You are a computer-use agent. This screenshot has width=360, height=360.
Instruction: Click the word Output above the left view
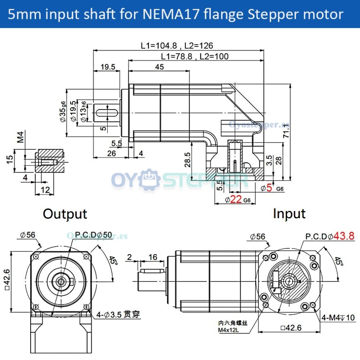[x=65, y=214]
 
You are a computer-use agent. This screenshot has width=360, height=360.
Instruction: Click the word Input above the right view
[x=289, y=214]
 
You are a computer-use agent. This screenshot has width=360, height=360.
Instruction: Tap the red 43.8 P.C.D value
[x=344, y=236]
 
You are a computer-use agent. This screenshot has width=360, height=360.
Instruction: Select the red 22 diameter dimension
[x=236, y=199]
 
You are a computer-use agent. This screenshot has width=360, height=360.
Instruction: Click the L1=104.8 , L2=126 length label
[x=177, y=45]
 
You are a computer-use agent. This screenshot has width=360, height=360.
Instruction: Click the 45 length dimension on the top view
[x=159, y=67]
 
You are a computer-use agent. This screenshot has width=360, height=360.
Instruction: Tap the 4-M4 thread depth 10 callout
[x=338, y=317]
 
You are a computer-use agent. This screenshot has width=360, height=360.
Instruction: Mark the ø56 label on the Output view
[x=28, y=235]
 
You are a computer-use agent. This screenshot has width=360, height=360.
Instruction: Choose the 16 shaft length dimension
[x=153, y=257]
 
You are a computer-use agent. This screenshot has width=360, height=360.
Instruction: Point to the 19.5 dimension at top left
[x=108, y=67]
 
